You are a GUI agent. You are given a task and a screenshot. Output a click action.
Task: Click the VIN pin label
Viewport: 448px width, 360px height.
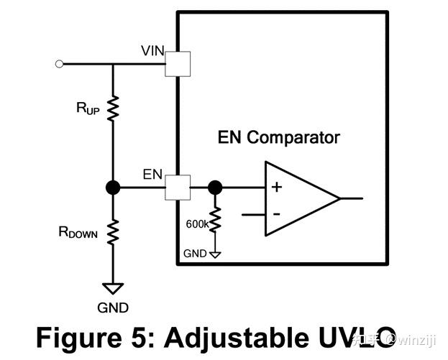152,51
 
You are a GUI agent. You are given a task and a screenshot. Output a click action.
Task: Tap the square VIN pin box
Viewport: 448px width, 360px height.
178,64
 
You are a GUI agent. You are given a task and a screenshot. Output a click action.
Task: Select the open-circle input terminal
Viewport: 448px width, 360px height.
59,64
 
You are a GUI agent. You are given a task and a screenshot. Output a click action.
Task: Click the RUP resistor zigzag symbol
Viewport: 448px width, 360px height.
113,109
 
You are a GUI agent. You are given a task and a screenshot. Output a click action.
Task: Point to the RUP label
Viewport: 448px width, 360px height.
88,109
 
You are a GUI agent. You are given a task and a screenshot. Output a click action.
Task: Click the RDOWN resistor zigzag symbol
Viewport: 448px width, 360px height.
113,232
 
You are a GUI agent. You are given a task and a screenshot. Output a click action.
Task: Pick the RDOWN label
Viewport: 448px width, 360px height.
78,232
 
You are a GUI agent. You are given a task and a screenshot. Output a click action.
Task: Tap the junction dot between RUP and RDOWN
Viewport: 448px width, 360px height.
113,188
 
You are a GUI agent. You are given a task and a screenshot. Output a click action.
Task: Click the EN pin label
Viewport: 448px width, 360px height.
152,175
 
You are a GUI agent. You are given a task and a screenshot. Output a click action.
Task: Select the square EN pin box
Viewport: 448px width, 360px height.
178,188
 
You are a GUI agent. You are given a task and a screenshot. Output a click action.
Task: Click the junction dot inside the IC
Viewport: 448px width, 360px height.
215,188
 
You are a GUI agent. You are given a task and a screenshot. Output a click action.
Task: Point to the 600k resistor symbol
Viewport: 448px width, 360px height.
215,219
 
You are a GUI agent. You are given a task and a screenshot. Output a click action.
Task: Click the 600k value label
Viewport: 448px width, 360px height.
197,224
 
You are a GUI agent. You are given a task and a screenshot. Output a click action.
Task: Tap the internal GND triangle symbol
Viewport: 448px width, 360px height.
215,254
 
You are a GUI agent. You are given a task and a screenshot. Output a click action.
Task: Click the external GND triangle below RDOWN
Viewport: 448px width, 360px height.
113,288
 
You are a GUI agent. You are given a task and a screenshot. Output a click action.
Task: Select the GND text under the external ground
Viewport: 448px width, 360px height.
113,308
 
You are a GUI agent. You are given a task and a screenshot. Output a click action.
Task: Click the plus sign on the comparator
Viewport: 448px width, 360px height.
277,188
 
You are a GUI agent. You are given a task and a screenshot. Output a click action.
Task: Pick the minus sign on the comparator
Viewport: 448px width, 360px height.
277,214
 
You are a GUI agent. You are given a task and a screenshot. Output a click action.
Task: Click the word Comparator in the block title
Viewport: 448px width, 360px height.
293,139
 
